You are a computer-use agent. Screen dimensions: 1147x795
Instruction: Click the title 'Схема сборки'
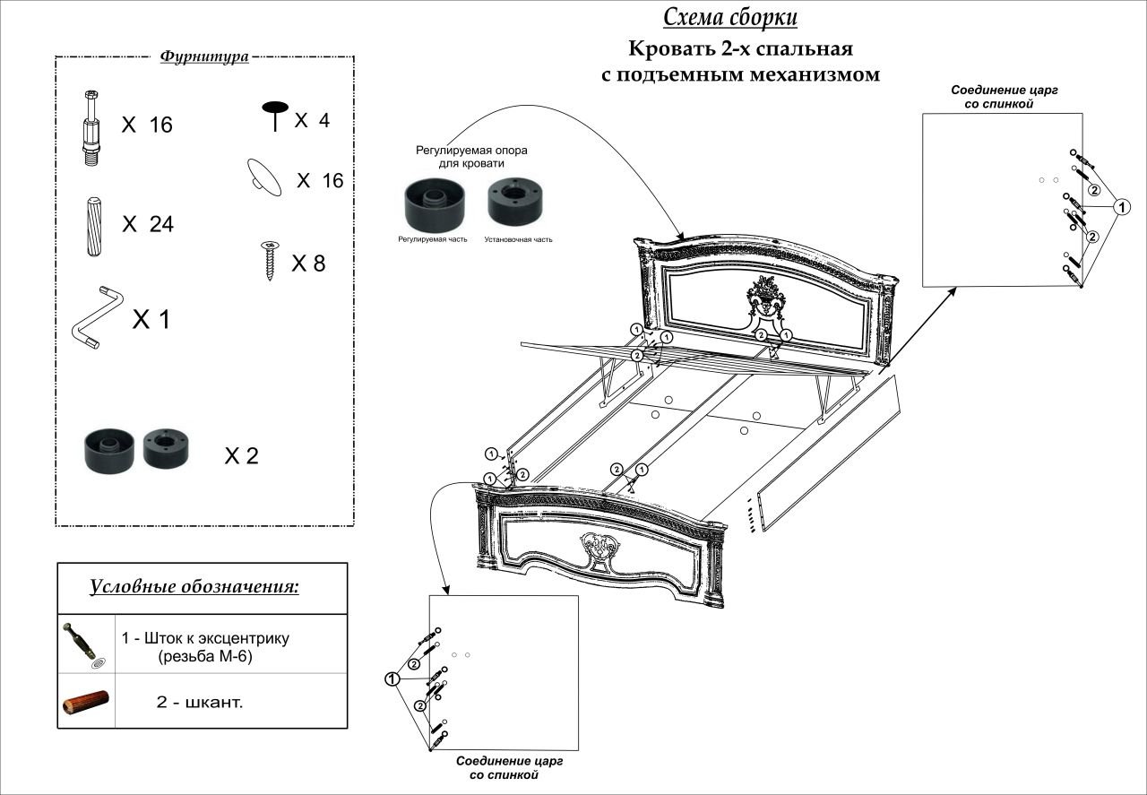(x=730, y=17)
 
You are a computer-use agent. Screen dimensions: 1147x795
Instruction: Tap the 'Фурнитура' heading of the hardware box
(x=204, y=56)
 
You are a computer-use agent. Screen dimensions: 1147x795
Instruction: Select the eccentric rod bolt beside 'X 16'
(x=91, y=128)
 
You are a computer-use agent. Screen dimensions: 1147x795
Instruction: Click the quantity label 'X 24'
(x=148, y=224)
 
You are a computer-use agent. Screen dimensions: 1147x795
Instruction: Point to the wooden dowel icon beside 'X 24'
(x=94, y=227)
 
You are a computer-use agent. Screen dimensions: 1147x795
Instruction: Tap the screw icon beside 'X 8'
(x=270, y=261)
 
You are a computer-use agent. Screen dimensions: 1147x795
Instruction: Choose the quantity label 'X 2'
(x=241, y=455)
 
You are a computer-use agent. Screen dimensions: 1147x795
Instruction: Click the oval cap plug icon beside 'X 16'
(x=264, y=177)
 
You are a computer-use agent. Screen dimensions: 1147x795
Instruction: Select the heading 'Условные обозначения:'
(x=194, y=587)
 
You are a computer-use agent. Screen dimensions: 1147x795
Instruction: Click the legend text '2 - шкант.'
(x=200, y=702)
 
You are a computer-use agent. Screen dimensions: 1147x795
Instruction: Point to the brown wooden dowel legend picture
(x=86, y=702)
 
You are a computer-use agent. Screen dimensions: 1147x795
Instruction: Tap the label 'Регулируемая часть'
(x=433, y=239)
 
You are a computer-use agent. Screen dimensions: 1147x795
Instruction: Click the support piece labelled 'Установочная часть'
(x=515, y=202)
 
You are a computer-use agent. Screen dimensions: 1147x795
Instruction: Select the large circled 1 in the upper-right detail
(x=1122, y=207)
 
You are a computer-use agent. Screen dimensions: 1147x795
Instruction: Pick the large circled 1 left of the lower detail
(x=392, y=679)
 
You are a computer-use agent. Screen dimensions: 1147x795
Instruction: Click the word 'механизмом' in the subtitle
(x=815, y=74)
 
